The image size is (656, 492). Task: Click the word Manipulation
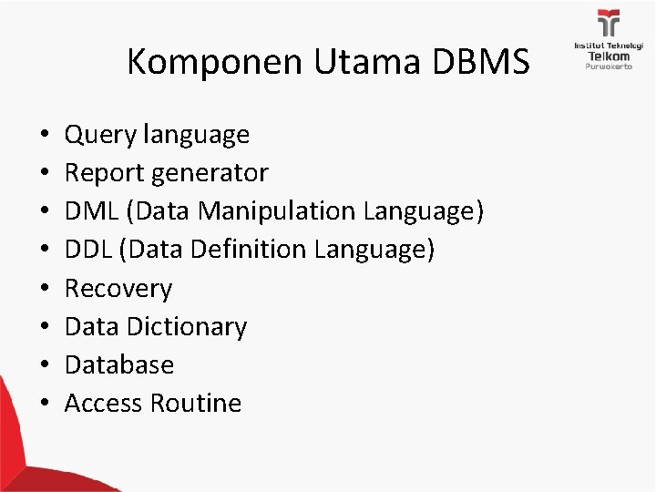(x=277, y=211)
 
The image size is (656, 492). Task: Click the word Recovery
(x=118, y=289)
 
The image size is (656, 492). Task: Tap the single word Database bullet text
(x=119, y=364)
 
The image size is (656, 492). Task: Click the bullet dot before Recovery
(x=45, y=290)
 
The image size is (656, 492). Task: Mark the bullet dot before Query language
(x=45, y=137)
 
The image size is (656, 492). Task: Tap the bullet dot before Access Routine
(x=45, y=404)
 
